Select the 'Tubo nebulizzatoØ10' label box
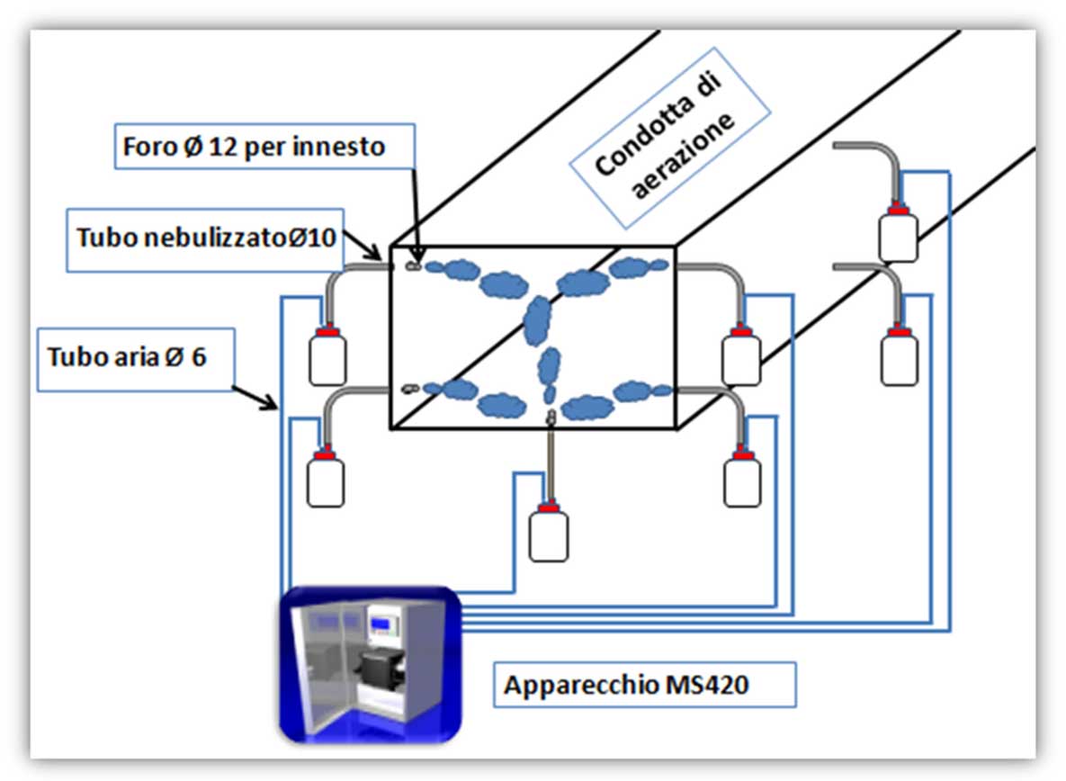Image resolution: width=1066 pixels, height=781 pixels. (x=205, y=240)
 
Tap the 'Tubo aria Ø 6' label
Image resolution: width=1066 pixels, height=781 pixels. (x=136, y=359)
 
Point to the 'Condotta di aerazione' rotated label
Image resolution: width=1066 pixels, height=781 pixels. (x=669, y=138)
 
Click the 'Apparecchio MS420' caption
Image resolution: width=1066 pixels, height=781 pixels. (x=644, y=685)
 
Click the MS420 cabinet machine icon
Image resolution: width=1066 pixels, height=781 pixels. (x=371, y=665)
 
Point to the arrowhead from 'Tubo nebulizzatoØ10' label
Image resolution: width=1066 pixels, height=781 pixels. (x=374, y=254)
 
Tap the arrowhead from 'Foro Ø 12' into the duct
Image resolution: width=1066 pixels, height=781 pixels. (x=417, y=257)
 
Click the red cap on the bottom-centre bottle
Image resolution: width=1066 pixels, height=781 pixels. (x=548, y=507)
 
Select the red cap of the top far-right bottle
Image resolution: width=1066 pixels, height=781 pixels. (x=898, y=210)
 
